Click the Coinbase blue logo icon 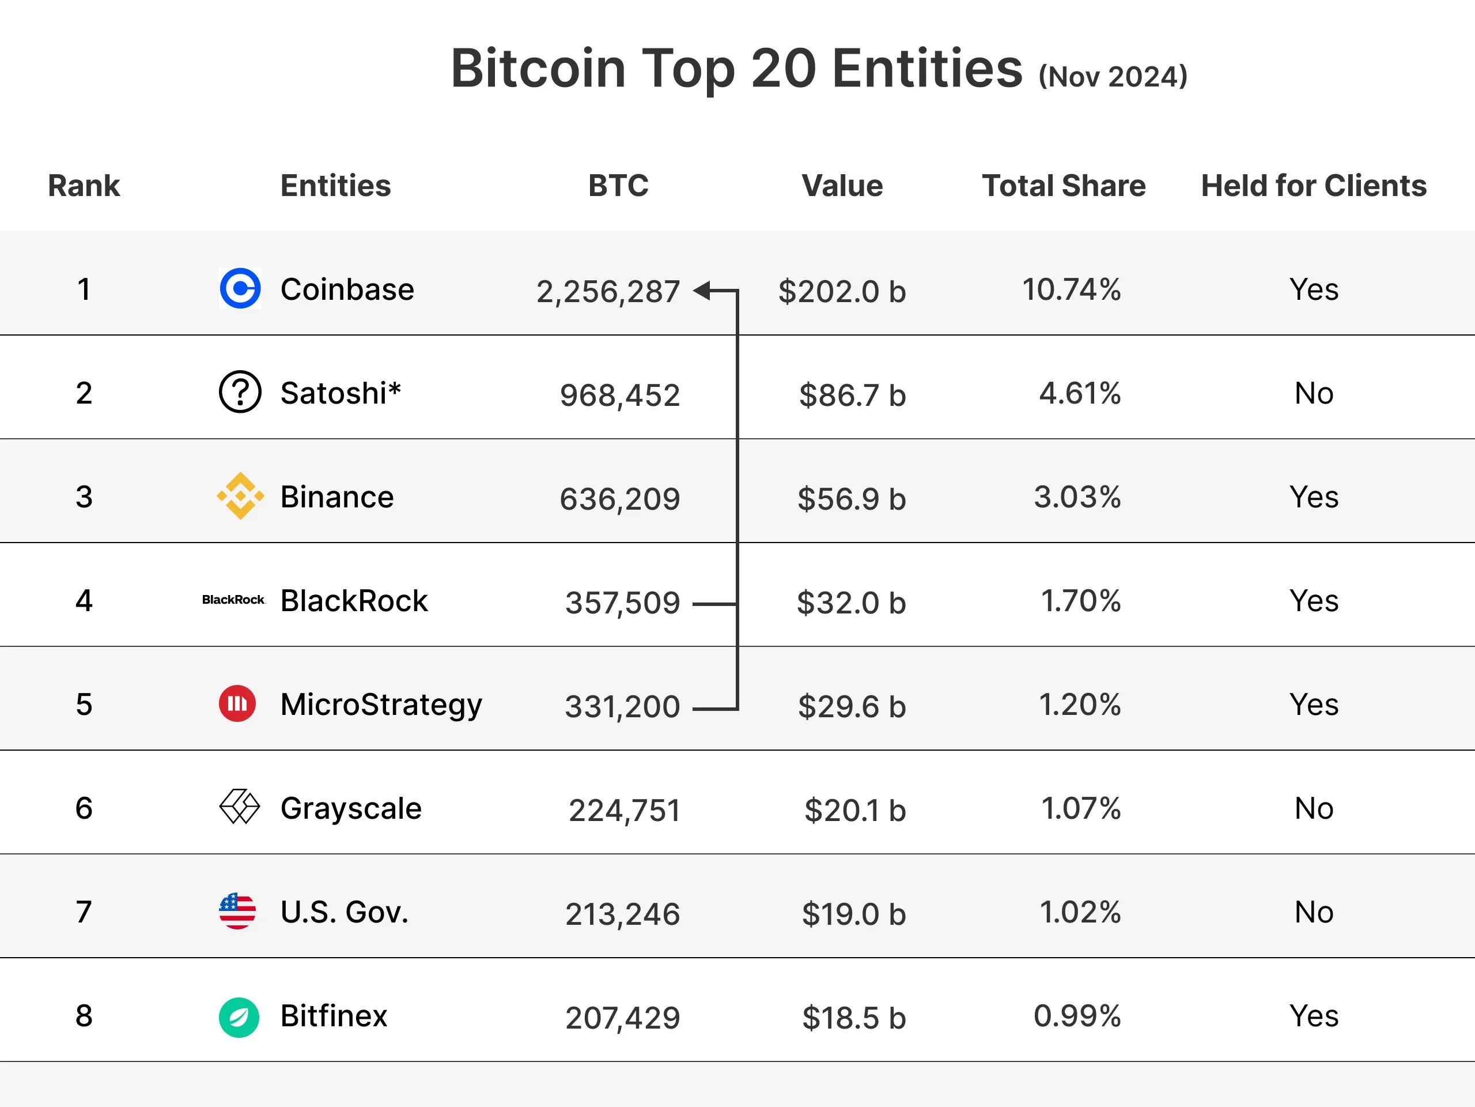tap(240, 288)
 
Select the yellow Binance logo tap(240, 496)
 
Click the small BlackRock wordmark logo tap(233, 600)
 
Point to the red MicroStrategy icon tap(237, 703)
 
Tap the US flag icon tap(237, 911)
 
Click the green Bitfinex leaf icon tap(239, 1017)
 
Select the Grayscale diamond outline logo tap(239, 807)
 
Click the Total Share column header tap(1064, 186)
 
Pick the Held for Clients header tap(1314, 186)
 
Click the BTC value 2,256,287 tap(608, 292)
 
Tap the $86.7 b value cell tap(852, 395)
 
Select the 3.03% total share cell tap(1077, 496)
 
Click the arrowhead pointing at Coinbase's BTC tap(700, 290)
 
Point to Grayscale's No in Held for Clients tap(1314, 808)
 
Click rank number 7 tap(84, 912)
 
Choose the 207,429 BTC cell tap(622, 1018)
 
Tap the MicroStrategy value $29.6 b tap(852, 706)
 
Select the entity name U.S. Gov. tap(344, 912)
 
